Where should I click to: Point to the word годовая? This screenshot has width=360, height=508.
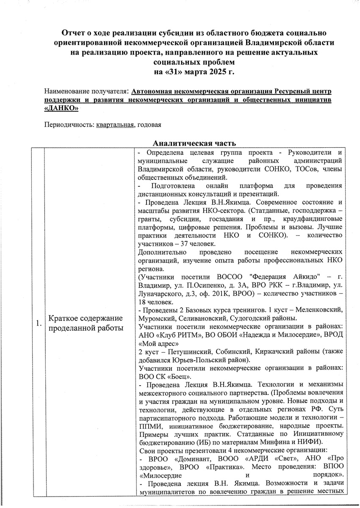tap(149, 125)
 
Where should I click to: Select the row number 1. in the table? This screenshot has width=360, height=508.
tap(39, 323)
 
